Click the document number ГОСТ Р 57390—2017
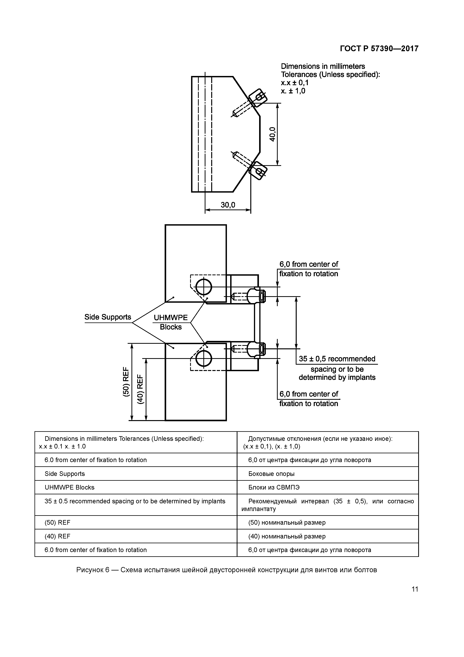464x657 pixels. coord(379,49)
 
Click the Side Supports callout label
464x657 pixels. coord(108,317)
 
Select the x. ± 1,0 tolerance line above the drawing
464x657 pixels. coord(293,91)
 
